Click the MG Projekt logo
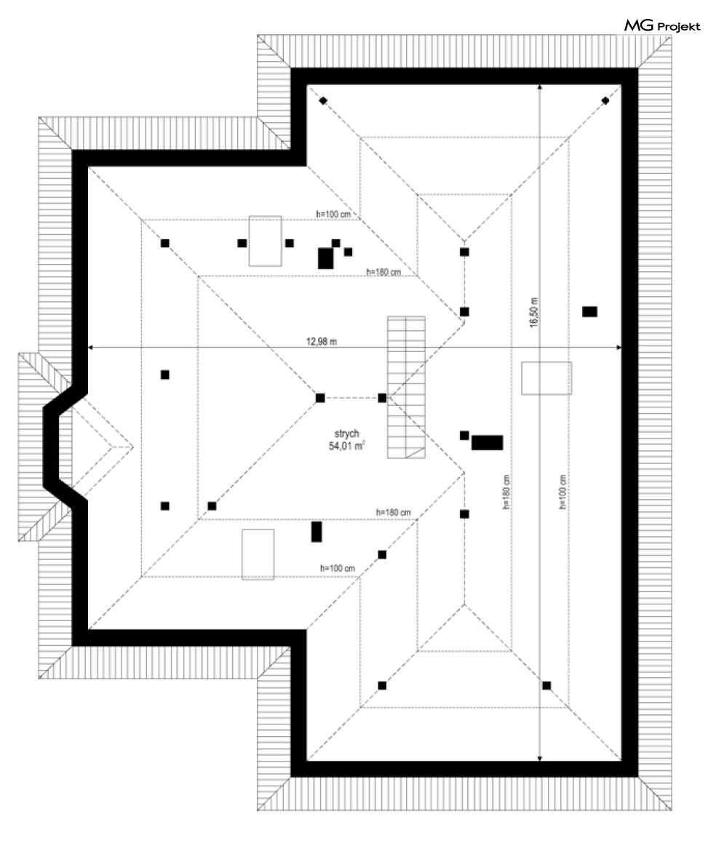point(661,27)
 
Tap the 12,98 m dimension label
point(321,343)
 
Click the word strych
point(346,434)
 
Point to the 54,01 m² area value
point(346,446)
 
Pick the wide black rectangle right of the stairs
point(488,443)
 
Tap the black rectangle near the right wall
point(589,311)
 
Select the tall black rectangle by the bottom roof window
point(317,532)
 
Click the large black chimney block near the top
point(326,258)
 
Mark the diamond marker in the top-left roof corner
point(322,100)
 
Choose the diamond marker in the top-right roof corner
point(605,100)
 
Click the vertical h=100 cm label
point(563,492)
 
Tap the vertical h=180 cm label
point(505,492)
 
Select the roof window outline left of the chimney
point(265,241)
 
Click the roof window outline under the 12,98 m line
point(546,377)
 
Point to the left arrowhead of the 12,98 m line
point(89,348)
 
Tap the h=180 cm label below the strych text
point(393,513)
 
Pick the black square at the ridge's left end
point(320,397)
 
